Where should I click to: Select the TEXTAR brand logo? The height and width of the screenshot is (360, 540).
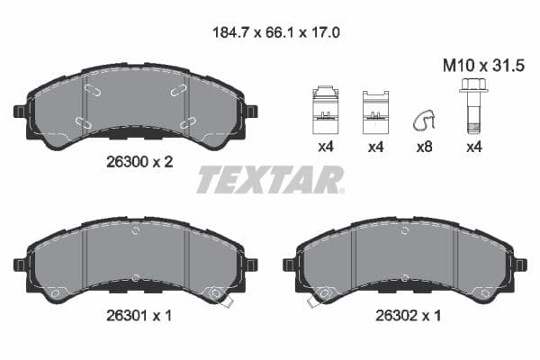click(270, 180)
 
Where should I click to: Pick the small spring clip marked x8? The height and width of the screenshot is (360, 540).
click(421, 120)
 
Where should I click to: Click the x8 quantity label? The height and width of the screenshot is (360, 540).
click(422, 148)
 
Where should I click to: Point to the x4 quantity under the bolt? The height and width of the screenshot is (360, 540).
click(473, 148)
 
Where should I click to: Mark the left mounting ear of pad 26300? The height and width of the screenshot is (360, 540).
click(20, 112)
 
